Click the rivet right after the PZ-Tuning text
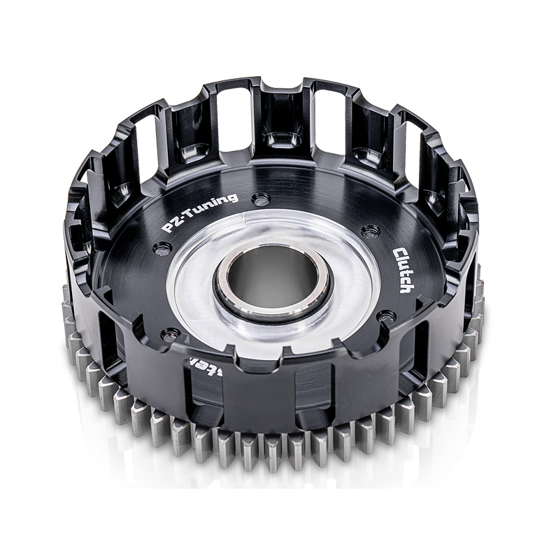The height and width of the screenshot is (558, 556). (x=262, y=200)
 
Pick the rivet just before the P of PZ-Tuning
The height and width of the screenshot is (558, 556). (x=163, y=247)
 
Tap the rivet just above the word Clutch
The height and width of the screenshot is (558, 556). (x=371, y=231)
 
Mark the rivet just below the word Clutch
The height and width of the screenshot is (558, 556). (x=385, y=317)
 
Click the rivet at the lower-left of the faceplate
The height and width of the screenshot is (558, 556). (x=165, y=334)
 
